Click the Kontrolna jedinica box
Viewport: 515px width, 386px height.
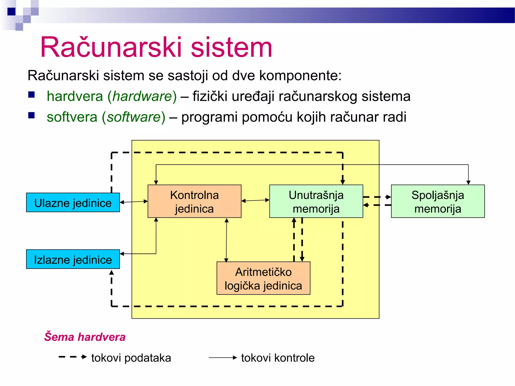coord(194,201)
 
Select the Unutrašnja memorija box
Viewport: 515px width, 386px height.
coord(316,201)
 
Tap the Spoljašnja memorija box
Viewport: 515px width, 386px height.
coord(438,201)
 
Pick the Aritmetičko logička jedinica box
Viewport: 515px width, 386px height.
coord(263,278)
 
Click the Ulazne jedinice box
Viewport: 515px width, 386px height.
coord(73,203)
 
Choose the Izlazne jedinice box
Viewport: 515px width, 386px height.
coord(73,259)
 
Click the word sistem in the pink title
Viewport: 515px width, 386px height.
coord(231,47)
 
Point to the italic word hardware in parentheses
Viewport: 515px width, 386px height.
coord(142,96)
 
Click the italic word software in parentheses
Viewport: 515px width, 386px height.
coord(134,117)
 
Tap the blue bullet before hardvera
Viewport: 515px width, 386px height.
coord(31,95)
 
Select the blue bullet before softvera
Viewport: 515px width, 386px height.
coord(31,115)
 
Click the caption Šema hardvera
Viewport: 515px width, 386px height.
coord(85,337)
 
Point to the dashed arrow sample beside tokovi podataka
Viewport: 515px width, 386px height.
coord(73,357)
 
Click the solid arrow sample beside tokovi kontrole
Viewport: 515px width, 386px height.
coord(223,357)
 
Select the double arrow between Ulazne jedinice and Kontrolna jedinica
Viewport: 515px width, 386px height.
coord(134,202)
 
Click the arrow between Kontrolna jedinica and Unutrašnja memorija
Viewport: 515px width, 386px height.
coord(255,201)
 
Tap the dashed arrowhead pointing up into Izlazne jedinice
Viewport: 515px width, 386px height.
coord(112,272)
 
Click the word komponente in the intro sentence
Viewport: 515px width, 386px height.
coord(300,75)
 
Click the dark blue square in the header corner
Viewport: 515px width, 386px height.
coord(11,12)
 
